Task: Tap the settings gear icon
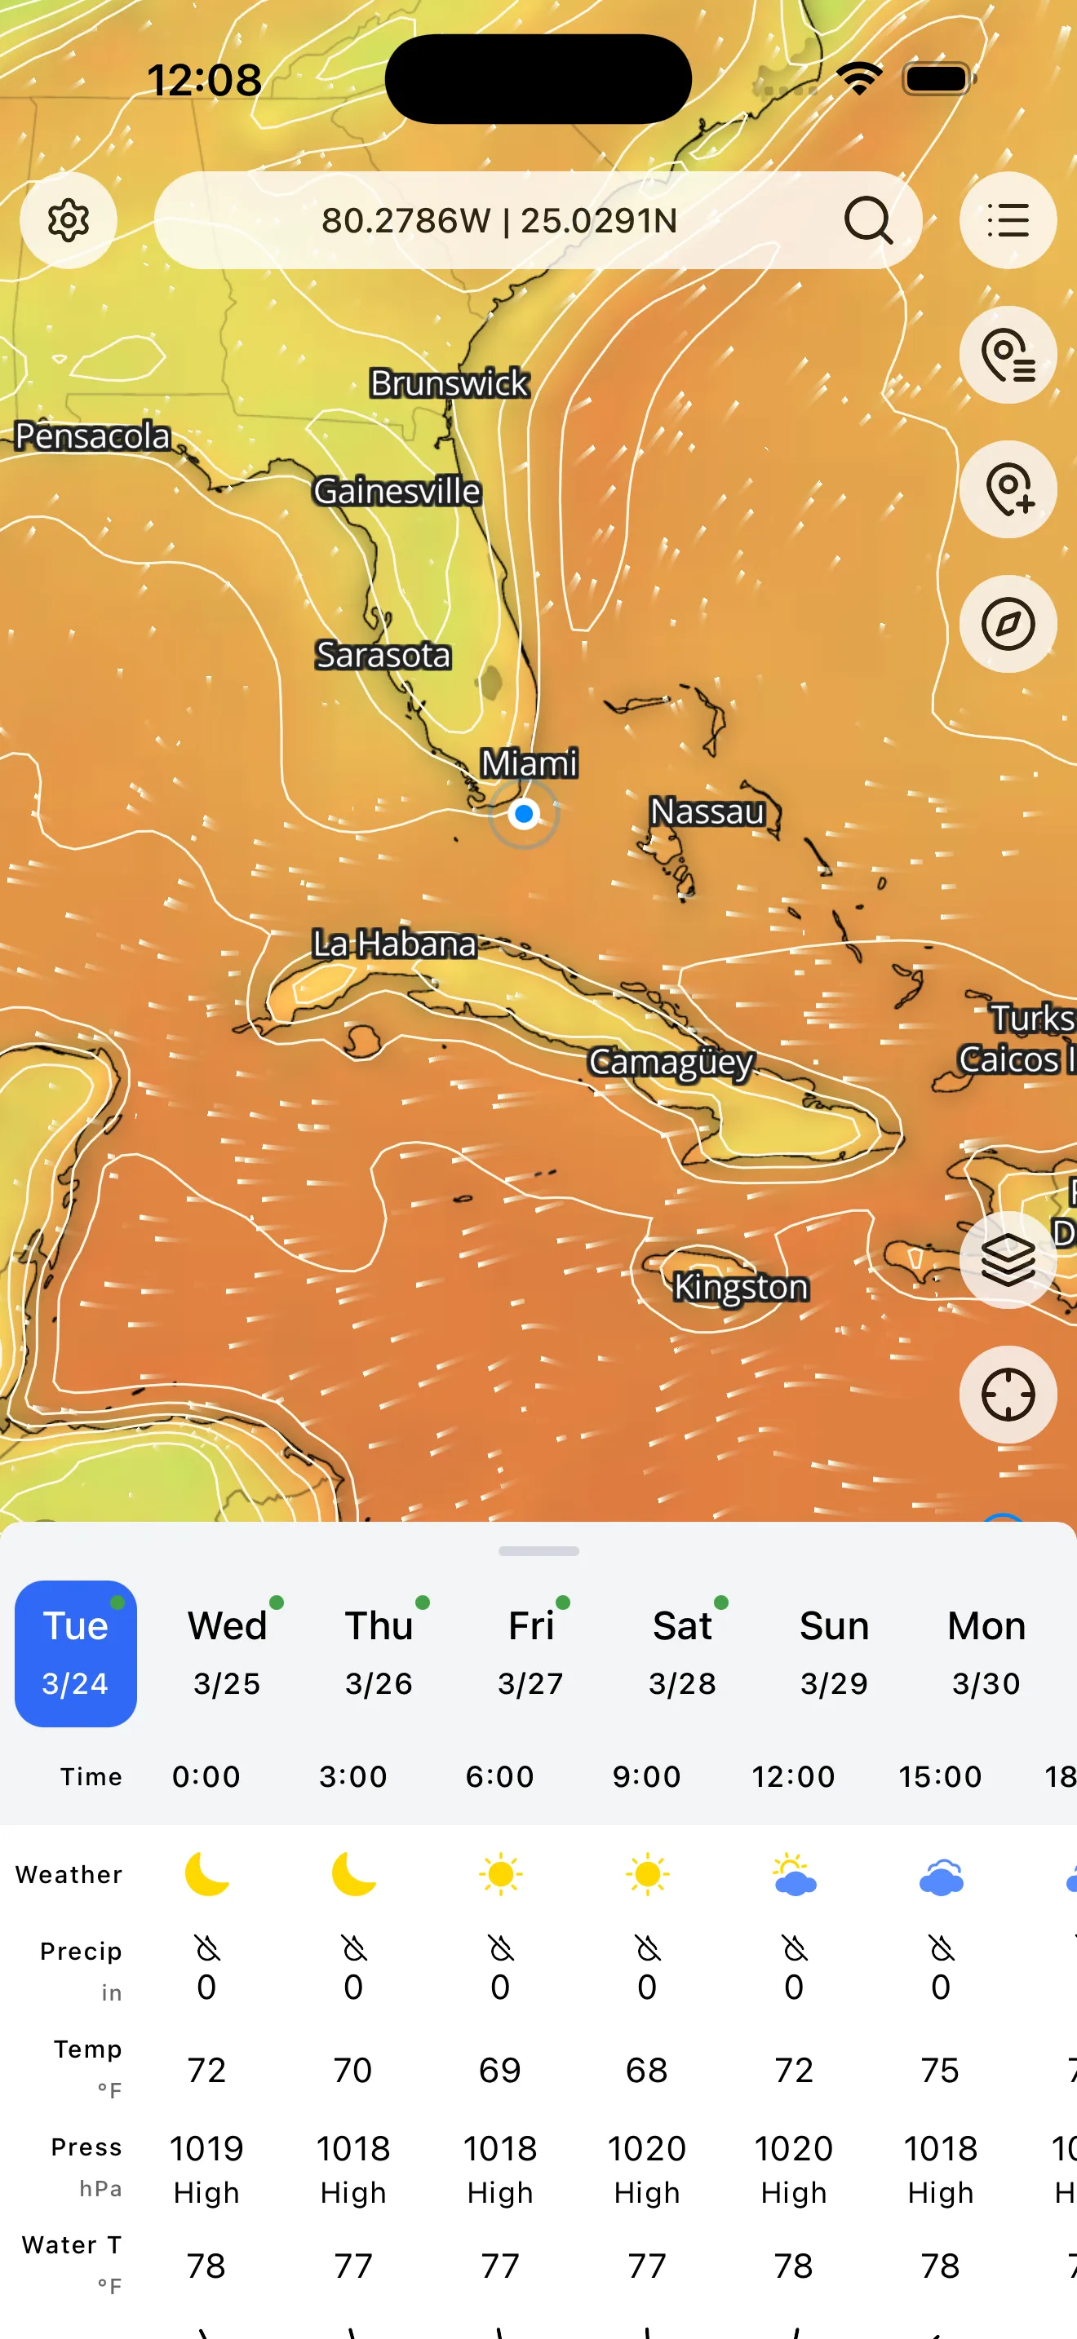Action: [x=68, y=221]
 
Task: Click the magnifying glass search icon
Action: [x=868, y=221]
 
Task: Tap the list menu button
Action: [x=1007, y=221]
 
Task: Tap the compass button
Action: [x=1007, y=624]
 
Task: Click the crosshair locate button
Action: [x=1007, y=1394]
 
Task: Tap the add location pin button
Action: [x=1007, y=489]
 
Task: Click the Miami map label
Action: [x=529, y=763]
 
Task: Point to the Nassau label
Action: [x=707, y=811]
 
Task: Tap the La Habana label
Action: [x=394, y=944]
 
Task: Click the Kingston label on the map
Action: [x=740, y=1287]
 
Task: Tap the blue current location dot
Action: [x=524, y=814]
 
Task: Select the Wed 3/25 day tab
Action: [x=227, y=1652]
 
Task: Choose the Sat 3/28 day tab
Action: [x=682, y=1652]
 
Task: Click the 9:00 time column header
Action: [x=645, y=1776]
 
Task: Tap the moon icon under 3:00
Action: [x=353, y=1875]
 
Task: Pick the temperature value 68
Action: [x=645, y=2070]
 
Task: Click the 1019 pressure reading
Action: [x=206, y=2149]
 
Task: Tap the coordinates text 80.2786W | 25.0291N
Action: [x=499, y=221]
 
